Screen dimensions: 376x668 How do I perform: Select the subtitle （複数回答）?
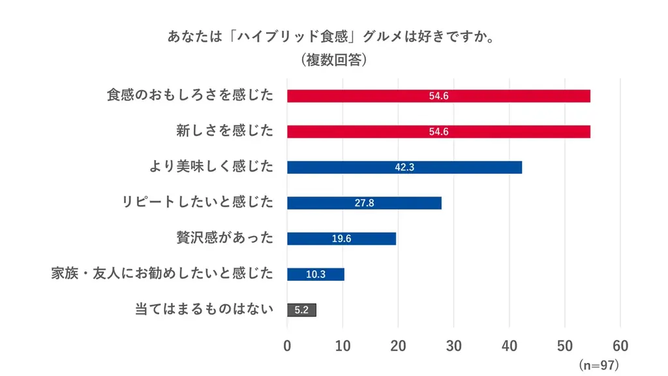point(333,60)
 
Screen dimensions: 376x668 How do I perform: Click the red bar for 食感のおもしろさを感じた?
point(438,96)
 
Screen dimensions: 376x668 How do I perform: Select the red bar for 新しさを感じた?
point(438,131)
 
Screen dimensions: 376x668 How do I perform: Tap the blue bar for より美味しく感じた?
point(404,167)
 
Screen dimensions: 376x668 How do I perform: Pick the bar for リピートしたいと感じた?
point(364,203)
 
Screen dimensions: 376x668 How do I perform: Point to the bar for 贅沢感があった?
point(341,238)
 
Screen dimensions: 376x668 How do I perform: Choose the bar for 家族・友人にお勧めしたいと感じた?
point(316,274)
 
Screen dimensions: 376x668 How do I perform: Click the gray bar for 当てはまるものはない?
point(301,310)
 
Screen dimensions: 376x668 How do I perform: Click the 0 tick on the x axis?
point(288,346)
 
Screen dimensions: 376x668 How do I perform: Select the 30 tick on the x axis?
point(453,346)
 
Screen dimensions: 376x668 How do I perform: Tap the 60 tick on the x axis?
point(620,346)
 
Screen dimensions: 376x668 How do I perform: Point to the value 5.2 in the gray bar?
point(301,310)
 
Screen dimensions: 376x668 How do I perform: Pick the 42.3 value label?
point(404,167)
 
